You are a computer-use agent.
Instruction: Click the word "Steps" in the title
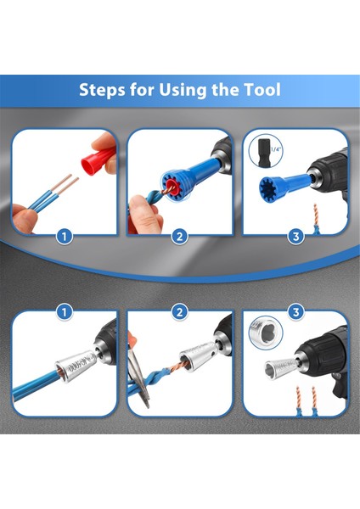102,90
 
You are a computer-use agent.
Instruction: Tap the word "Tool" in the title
262,89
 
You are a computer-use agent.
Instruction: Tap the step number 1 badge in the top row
65,237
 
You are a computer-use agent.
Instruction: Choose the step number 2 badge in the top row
179,237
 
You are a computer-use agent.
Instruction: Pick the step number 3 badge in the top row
295,237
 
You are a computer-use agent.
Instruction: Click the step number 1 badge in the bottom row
65,312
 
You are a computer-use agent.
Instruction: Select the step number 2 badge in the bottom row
179,312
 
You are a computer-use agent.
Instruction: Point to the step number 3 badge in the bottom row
295,312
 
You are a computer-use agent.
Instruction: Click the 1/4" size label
275,149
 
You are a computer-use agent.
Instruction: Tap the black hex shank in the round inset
263,152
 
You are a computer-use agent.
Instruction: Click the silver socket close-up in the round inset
266,333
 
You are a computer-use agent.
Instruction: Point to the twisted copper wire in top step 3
315,214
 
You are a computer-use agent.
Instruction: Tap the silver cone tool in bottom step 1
76,366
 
